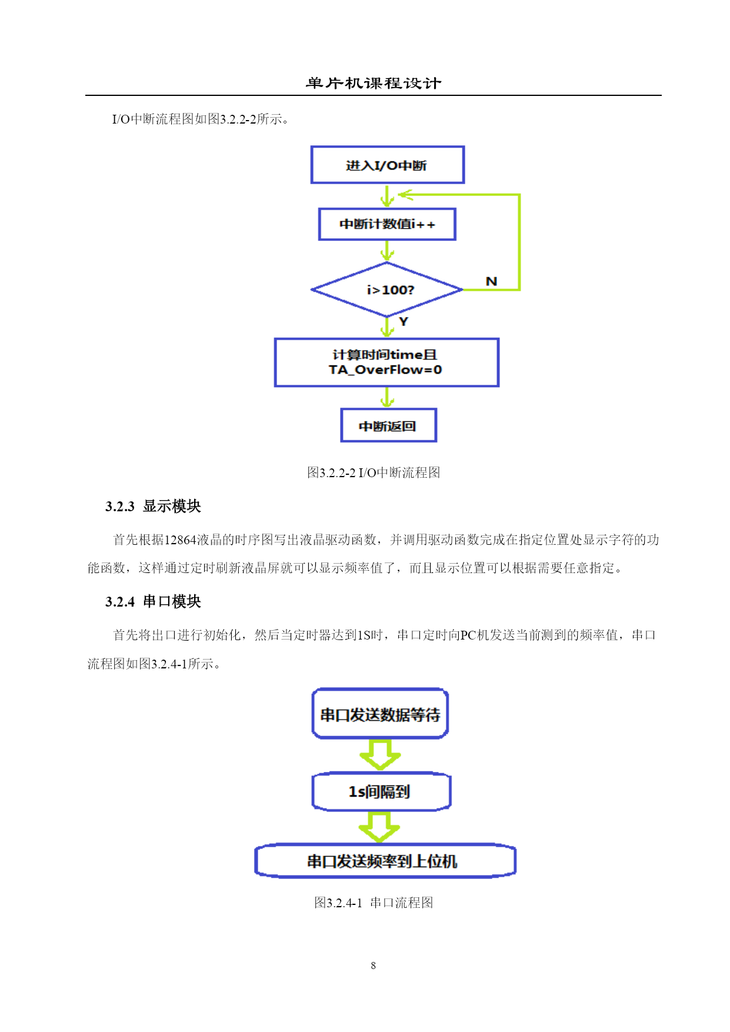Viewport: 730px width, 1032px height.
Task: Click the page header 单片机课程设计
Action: [374, 84]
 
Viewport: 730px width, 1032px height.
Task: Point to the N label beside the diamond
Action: [492, 281]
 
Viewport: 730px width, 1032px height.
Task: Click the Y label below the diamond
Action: [404, 321]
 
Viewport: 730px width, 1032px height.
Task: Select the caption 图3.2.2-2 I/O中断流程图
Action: [374, 472]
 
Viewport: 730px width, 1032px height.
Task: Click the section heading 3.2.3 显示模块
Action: [153, 506]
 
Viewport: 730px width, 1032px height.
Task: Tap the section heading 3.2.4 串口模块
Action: [153, 601]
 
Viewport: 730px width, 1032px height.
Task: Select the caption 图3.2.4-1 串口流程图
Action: [374, 903]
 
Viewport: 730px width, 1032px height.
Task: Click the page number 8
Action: [374, 966]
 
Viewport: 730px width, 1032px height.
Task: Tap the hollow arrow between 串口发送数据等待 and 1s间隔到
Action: [380, 755]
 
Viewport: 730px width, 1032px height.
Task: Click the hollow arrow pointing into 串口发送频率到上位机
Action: [379, 827]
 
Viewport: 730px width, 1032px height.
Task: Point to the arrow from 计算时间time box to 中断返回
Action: [387, 397]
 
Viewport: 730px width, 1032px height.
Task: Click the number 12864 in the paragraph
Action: [180, 540]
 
